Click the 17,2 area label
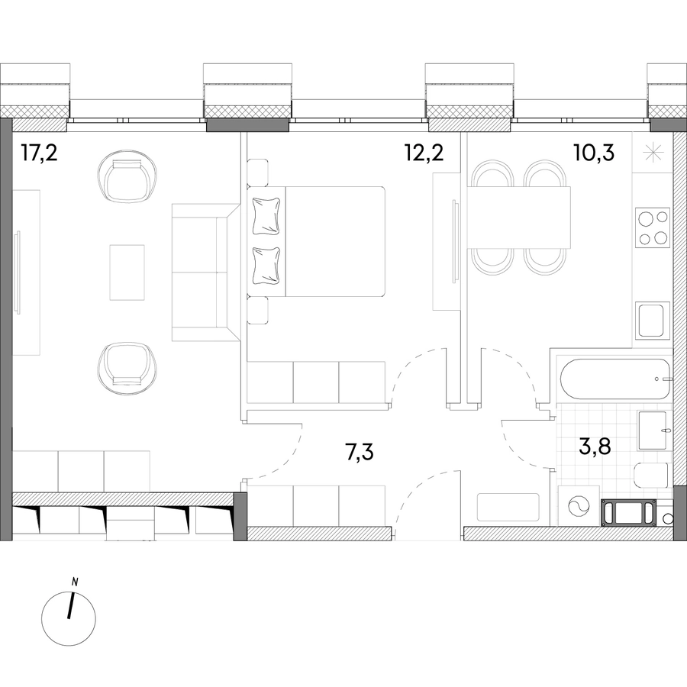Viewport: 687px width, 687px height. coord(39,153)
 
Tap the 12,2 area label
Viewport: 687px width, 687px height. coord(424,153)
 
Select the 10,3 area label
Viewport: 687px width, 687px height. coord(594,153)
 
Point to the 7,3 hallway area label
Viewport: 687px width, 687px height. coord(360,452)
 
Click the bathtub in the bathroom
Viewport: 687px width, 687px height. coord(615,379)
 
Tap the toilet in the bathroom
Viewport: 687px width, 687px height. coord(652,476)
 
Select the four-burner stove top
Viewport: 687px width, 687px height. coord(653,227)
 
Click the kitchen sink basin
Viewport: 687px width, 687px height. coord(653,321)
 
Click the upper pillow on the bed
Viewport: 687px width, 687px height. coord(266,216)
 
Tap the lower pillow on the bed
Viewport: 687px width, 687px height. coord(266,266)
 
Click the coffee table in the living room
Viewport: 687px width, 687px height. coord(127,273)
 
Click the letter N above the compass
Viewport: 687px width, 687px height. coord(76,582)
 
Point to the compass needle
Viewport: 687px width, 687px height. coord(71,606)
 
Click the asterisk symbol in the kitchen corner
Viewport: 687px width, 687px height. coord(653,153)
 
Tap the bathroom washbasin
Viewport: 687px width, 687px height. coord(653,431)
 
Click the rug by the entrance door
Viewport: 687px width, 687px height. coord(508,508)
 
